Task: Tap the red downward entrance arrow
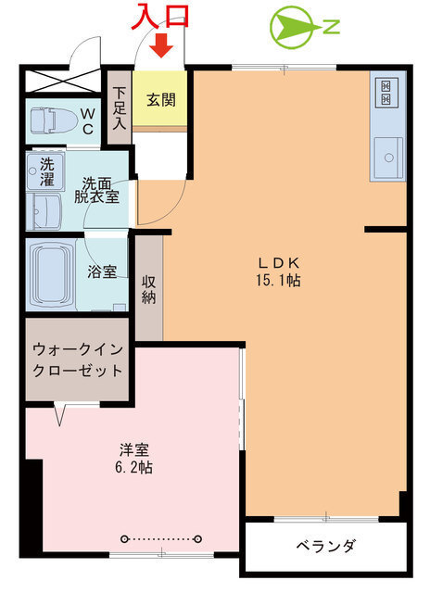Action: point(161,45)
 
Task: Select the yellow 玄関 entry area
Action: point(160,99)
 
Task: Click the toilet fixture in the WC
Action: point(53,120)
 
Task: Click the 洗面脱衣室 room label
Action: point(100,190)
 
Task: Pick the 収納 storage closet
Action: point(148,288)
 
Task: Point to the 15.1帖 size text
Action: point(281,279)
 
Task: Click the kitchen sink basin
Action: point(386,154)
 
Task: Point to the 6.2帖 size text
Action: point(134,468)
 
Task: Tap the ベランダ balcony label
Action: point(325,546)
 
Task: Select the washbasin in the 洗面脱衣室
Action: point(44,211)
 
